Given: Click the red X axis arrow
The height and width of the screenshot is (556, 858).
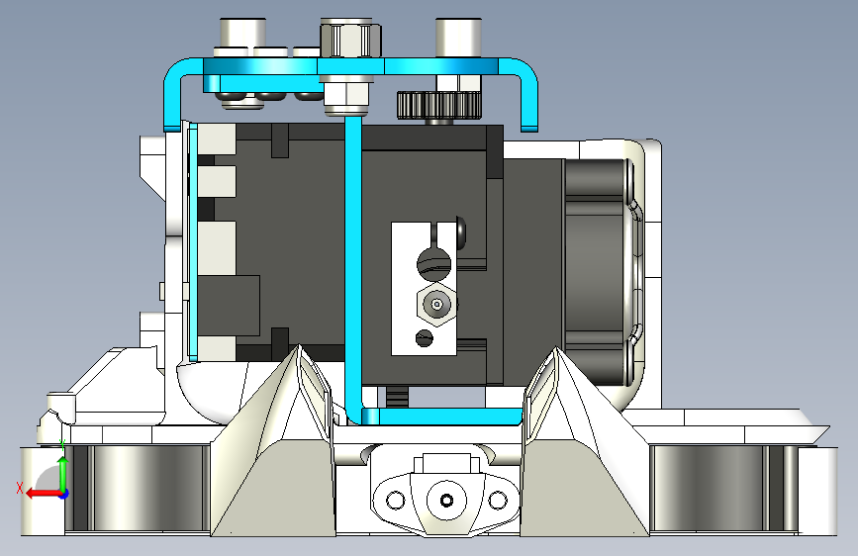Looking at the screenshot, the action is [44, 494].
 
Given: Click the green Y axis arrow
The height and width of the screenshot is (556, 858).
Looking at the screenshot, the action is [63, 474].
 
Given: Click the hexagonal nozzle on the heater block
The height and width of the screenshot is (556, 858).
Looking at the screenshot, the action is [436, 305].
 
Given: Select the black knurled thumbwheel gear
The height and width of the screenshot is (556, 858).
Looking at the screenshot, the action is [438, 105].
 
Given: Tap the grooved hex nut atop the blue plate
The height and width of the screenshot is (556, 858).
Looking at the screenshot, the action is [350, 38].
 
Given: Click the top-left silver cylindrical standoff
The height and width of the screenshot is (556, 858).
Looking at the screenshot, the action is [243, 38].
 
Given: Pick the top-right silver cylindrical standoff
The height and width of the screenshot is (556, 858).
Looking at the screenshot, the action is [458, 38].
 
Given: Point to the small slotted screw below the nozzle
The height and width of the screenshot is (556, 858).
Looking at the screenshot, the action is [425, 337].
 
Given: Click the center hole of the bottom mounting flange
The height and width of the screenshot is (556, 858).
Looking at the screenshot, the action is [446, 501].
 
